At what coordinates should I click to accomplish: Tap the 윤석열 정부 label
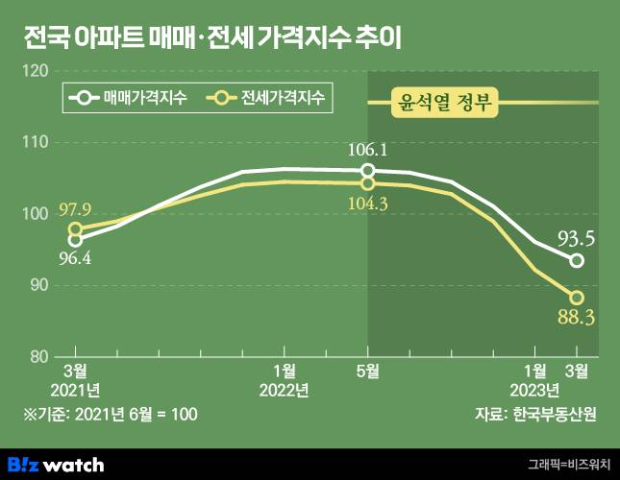click(x=444, y=103)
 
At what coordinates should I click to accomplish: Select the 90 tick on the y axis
click(x=37, y=285)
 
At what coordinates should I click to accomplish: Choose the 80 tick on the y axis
click(x=37, y=356)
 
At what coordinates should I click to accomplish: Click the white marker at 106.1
click(x=368, y=171)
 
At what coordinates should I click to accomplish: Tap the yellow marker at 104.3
click(x=368, y=182)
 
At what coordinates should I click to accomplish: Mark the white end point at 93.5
click(x=577, y=260)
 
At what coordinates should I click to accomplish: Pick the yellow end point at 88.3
click(x=577, y=298)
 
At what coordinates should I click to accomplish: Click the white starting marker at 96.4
click(x=75, y=240)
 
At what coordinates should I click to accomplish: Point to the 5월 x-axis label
click(x=368, y=371)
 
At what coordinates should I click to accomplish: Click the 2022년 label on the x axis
click(x=284, y=390)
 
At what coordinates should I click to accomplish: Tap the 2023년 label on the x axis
click(x=535, y=390)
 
